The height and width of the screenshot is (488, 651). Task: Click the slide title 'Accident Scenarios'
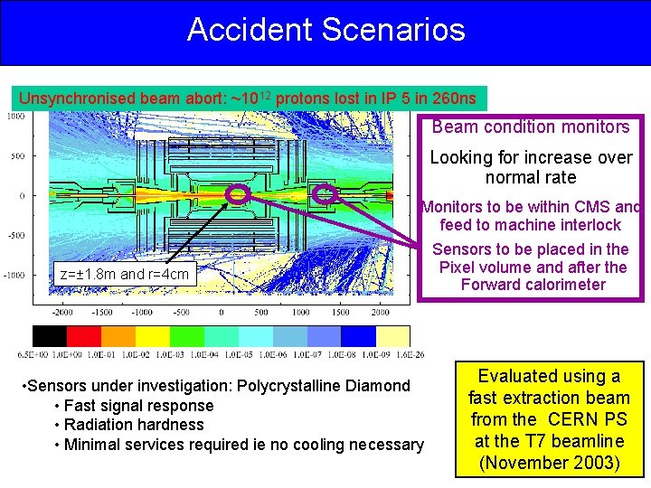325,30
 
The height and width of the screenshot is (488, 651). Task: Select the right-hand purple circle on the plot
324,194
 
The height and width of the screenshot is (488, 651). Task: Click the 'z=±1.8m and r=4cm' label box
124,274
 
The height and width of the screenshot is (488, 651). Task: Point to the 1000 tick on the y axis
15,116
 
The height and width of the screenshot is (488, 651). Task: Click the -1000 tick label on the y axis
14,275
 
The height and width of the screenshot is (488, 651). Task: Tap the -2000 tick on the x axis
61,312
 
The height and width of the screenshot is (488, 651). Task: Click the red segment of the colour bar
86,336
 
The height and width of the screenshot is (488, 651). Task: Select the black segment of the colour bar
50,336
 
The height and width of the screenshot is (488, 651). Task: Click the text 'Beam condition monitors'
531,127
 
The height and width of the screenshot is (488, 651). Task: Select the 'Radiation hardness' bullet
134,425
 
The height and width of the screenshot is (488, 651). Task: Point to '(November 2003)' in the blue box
550,462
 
